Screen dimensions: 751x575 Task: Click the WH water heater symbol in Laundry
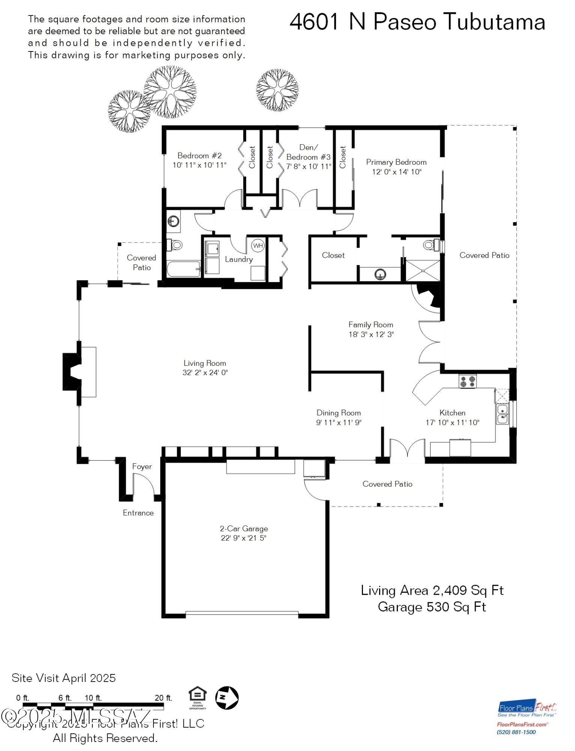pyautogui.click(x=258, y=246)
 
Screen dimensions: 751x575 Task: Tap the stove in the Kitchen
pyautogui.click(x=467, y=382)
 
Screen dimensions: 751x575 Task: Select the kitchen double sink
pyautogui.click(x=502, y=414)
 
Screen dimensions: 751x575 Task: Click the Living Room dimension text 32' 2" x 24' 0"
pyautogui.click(x=205, y=372)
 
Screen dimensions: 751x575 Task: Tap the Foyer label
pyautogui.click(x=142, y=466)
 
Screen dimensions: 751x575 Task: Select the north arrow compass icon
pyautogui.click(x=226, y=698)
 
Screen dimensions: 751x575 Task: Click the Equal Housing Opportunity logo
pyautogui.click(x=197, y=698)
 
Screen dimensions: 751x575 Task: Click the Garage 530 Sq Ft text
pyautogui.click(x=432, y=607)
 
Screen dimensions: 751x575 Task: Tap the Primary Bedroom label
pyautogui.click(x=396, y=162)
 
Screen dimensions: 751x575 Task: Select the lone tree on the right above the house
pyautogui.click(x=277, y=90)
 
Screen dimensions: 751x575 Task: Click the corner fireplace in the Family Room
pyautogui.click(x=430, y=297)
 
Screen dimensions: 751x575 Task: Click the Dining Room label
pyautogui.click(x=339, y=413)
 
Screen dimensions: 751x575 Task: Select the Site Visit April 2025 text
pyautogui.click(x=64, y=678)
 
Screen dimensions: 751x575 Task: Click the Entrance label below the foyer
pyautogui.click(x=138, y=513)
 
